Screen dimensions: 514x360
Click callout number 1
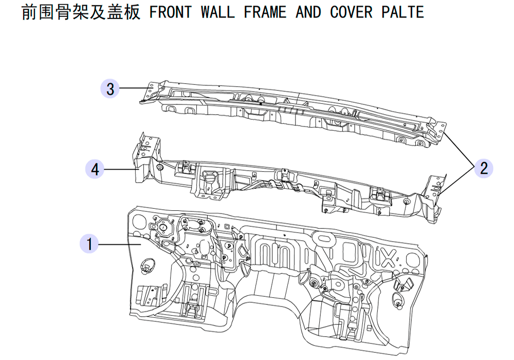click(89, 244)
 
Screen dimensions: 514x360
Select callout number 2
click(484, 168)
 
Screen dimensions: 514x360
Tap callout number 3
click(110, 88)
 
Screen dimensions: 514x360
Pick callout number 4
click(95, 169)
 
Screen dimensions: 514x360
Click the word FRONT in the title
click(171, 12)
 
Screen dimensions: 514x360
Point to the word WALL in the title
click(217, 12)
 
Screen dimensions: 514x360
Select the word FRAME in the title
click(265, 12)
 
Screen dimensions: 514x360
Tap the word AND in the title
click(308, 12)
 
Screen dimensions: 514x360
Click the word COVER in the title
click(351, 12)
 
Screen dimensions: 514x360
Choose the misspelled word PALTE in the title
click(403, 12)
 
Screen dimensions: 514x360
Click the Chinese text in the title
click(81, 12)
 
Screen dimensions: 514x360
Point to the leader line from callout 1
click(120, 244)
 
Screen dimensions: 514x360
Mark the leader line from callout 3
click(133, 88)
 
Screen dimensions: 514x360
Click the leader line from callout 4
click(120, 169)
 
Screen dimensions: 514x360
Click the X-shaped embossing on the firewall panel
click(388, 258)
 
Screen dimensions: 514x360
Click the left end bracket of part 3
click(150, 92)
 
